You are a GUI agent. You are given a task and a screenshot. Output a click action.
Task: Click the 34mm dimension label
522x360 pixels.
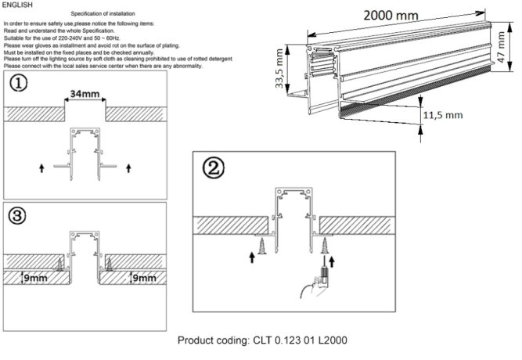point(84,95)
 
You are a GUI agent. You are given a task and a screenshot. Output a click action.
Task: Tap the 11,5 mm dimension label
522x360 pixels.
point(443,115)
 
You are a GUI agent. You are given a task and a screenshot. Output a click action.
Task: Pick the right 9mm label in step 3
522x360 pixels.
point(146,277)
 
